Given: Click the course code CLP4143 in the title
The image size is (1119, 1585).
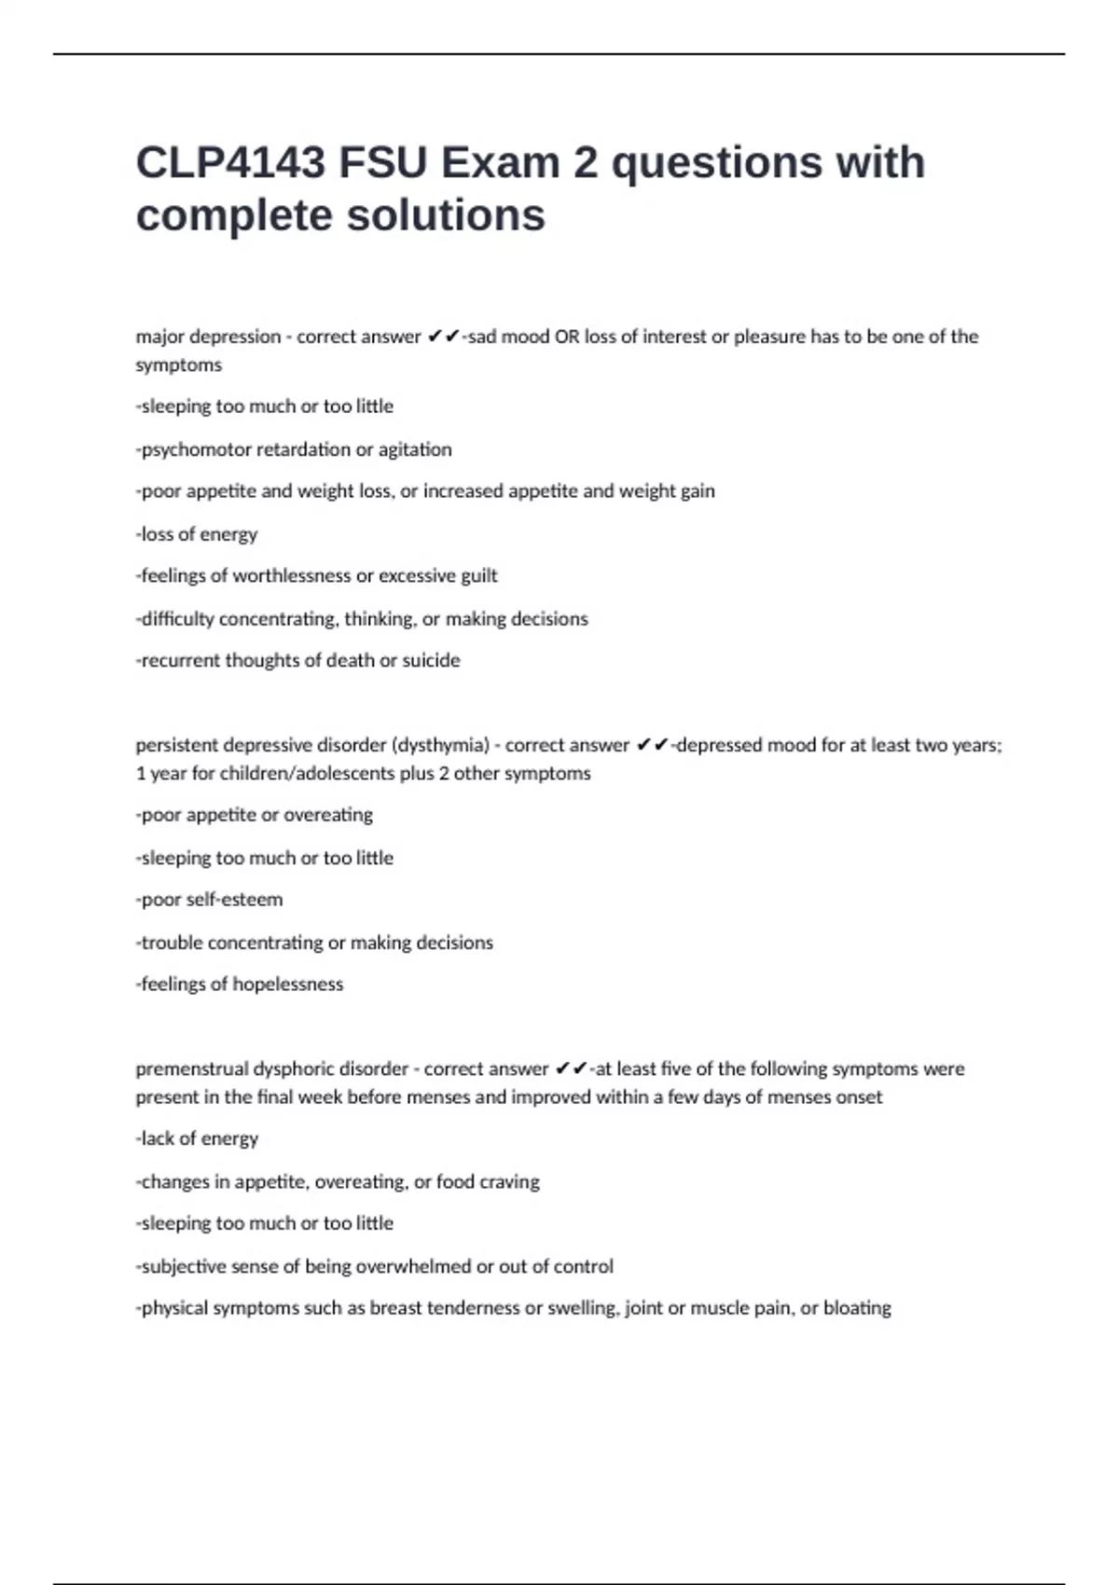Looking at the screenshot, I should (230, 163).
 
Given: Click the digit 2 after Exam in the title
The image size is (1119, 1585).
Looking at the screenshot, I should (585, 163).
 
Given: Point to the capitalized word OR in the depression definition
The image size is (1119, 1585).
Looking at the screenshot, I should (567, 337).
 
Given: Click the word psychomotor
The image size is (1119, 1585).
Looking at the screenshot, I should (196, 449).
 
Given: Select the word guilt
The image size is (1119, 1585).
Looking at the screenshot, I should (479, 576).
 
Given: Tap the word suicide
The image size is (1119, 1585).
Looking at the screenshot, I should (431, 660).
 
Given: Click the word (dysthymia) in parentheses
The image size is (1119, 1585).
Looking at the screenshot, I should (440, 745).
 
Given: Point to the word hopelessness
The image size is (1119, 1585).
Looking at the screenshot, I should (288, 985).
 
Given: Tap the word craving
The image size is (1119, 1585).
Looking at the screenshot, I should (508, 1182).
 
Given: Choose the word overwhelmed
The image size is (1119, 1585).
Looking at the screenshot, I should (408, 1266).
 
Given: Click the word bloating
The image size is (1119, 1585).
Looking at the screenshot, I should (857, 1308).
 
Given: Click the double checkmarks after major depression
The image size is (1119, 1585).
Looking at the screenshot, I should (443, 337).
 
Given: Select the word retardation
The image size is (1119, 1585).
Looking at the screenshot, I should (304, 449).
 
